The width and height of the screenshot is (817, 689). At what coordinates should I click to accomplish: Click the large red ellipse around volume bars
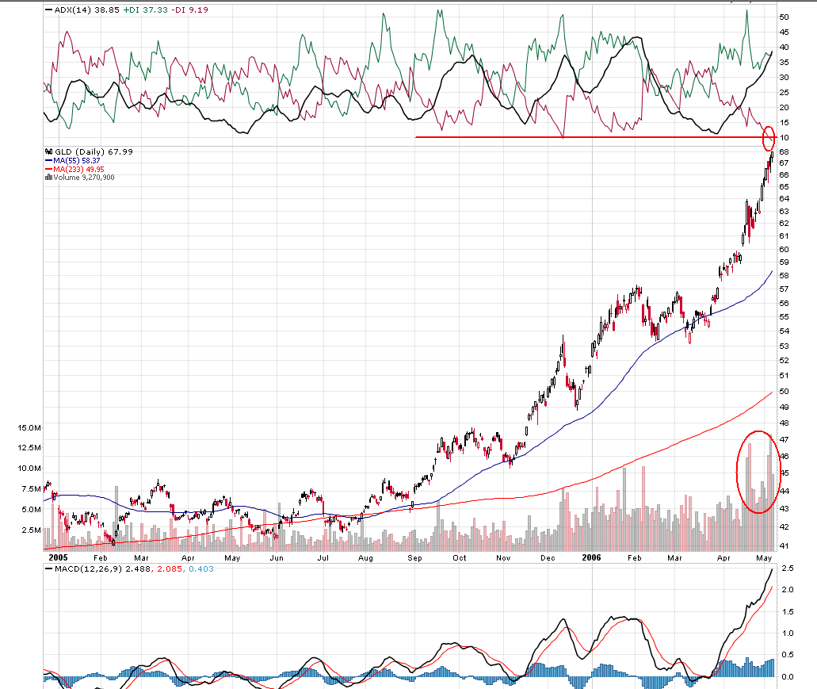[758, 472]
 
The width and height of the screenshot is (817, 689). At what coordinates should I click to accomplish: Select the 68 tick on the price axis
[783, 151]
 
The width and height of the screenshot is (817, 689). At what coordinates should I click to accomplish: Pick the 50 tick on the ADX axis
[784, 17]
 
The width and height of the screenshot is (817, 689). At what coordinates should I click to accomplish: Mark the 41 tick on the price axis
[783, 547]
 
